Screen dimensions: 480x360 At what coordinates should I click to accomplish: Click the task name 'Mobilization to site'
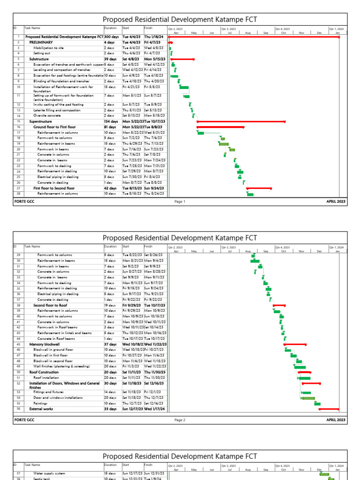48,48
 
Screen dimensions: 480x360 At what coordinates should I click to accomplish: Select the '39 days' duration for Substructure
110,60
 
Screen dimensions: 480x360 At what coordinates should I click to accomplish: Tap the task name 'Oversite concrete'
47,115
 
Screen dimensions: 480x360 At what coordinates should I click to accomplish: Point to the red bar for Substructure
182,60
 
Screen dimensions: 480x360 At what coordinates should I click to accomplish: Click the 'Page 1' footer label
180,202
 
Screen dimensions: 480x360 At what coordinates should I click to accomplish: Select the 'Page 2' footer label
180,420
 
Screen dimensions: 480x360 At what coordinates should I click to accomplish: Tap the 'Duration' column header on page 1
111,28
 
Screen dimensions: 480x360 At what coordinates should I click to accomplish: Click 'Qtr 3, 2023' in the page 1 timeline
228,29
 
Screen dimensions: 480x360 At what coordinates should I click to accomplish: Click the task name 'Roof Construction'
44,372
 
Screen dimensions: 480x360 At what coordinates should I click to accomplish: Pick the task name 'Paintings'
40,403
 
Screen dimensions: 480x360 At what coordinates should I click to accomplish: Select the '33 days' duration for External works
110,409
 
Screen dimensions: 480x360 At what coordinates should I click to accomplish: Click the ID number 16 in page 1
18,127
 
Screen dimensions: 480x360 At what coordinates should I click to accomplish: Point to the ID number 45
18,344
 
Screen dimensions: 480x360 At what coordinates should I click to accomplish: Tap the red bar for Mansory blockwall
295,345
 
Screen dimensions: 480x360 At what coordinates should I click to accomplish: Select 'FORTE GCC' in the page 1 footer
24,202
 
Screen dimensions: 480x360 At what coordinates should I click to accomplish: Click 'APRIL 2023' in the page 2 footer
336,420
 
